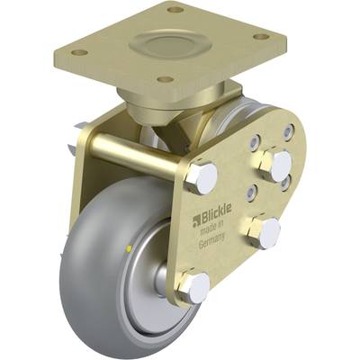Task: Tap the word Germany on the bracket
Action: pos(211,239)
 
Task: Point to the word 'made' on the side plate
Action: pos(207,230)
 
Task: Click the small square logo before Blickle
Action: pos(196,219)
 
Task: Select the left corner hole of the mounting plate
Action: pos(79,52)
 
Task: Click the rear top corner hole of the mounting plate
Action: pos(175,10)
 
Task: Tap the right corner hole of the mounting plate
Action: pos(261,37)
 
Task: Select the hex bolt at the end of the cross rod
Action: pos(201,178)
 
